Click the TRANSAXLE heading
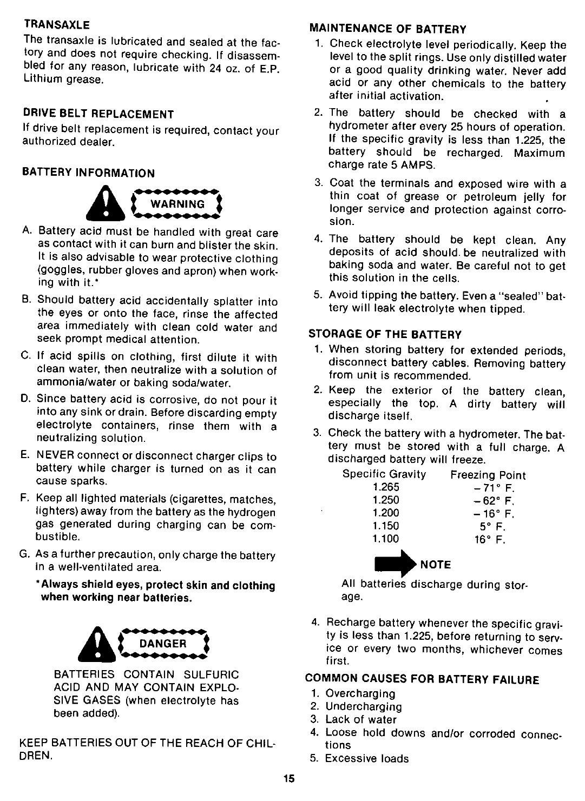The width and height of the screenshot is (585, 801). point(56,25)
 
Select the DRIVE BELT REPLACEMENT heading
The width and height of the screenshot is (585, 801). point(97,114)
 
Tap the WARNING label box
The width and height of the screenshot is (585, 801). point(169,204)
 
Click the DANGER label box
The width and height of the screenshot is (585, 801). point(162,643)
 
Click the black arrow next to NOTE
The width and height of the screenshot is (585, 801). point(396,564)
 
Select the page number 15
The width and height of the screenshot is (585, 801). point(288,779)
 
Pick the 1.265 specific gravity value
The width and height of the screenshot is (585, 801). point(385,487)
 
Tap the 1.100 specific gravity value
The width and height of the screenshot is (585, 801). point(385,539)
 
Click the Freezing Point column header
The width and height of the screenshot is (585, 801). point(488,475)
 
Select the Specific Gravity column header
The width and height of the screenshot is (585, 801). point(384,474)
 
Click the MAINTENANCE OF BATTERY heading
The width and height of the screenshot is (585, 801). point(387,29)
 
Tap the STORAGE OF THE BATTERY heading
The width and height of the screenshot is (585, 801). point(385,334)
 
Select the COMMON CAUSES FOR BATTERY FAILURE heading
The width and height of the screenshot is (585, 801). point(423,679)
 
